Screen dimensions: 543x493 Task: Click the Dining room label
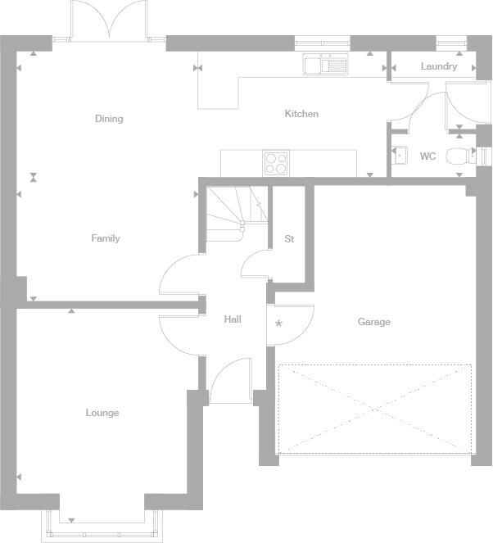coord(109,119)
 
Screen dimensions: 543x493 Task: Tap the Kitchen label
coord(301,114)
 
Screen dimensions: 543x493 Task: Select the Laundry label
coord(439,66)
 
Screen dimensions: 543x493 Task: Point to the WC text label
coord(427,156)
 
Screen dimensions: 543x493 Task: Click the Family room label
coord(106,238)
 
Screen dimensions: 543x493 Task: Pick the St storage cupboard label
coord(289,239)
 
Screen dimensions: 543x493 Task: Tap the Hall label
coord(233,319)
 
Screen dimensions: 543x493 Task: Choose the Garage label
coord(373,322)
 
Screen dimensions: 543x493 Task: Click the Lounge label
coord(102,413)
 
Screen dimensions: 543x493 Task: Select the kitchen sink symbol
coord(325,65)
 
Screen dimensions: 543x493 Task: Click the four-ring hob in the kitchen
coord(276,164)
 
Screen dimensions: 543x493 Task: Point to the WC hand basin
coord(400,156)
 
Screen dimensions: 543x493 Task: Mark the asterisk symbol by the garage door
coord(278,324)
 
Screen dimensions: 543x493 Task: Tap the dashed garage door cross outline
coord(375,408)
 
